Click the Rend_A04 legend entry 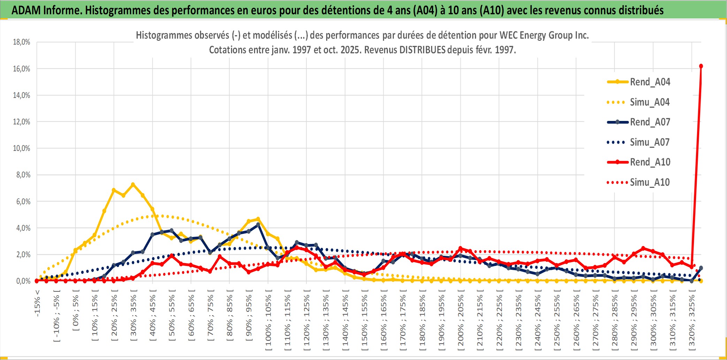649,82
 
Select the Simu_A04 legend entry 649,102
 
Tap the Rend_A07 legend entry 649,122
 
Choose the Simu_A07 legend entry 649,142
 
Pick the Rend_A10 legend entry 649,162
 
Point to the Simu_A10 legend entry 649,182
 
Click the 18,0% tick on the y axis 22,42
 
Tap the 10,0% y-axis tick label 22,148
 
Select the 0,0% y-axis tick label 23,281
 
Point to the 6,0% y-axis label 23,201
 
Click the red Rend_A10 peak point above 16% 701,66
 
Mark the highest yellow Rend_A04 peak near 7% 133,184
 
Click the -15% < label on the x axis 37,303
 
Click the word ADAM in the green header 26,10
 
